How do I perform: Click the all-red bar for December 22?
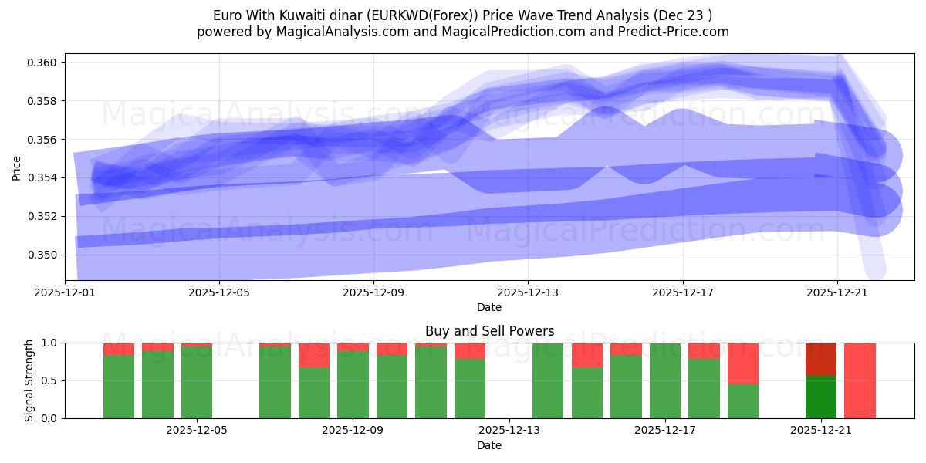(x=860, y=380)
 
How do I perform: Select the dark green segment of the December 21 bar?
(x=821, y=397)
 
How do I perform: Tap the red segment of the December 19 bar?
(x=743, y=363)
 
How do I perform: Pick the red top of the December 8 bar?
(x=314, y=355)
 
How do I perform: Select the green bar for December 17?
(x=665, y=380)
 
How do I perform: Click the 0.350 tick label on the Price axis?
(x=46, y=255)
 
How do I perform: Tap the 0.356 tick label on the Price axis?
(x=46, y=140)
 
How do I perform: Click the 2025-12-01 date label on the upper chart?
(x=65, y=292)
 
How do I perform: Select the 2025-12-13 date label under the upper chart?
(x=528, y=292)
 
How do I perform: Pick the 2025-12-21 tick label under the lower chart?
(x=821, y=430)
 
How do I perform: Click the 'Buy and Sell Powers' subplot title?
(x=489, y=331)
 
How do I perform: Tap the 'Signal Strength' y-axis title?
(x=29, y=380)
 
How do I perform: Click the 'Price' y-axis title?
(x=17, y=167)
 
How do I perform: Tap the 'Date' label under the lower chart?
(x=489, y=445)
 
